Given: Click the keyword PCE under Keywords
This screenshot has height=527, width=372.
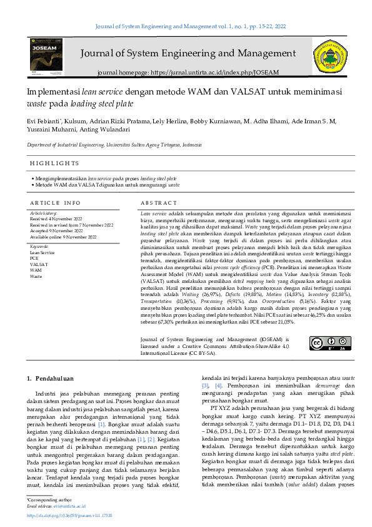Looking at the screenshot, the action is coord(34,258).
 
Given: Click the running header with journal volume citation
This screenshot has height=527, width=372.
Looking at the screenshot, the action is coord(186,27).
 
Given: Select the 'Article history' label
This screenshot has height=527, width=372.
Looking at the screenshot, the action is coord(43,213).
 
